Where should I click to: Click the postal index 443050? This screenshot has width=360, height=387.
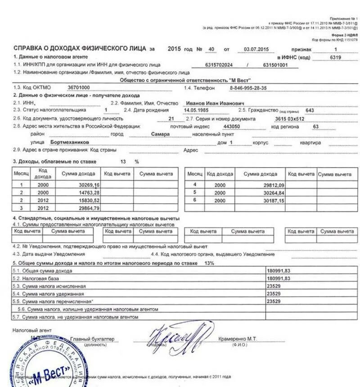click(231, 127)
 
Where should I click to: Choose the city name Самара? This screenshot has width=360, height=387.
click(160, 134)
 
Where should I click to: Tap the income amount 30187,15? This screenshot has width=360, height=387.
click(273, 200)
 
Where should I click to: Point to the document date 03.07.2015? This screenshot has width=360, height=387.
click(256, 49)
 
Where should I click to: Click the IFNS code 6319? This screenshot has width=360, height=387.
click(335, 57)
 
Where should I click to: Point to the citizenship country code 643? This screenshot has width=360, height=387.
click(310, 110)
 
